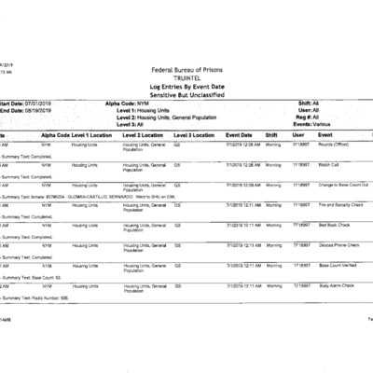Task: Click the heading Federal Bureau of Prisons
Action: coord(186,70)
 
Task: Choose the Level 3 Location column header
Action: coord(195,135)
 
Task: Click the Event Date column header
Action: coord(243,135)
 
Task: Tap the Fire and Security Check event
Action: coord(342,204)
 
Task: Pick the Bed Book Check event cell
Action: coord(335,225)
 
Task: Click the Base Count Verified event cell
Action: coord(338,265)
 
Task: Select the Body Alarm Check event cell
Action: coord(337,285)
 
